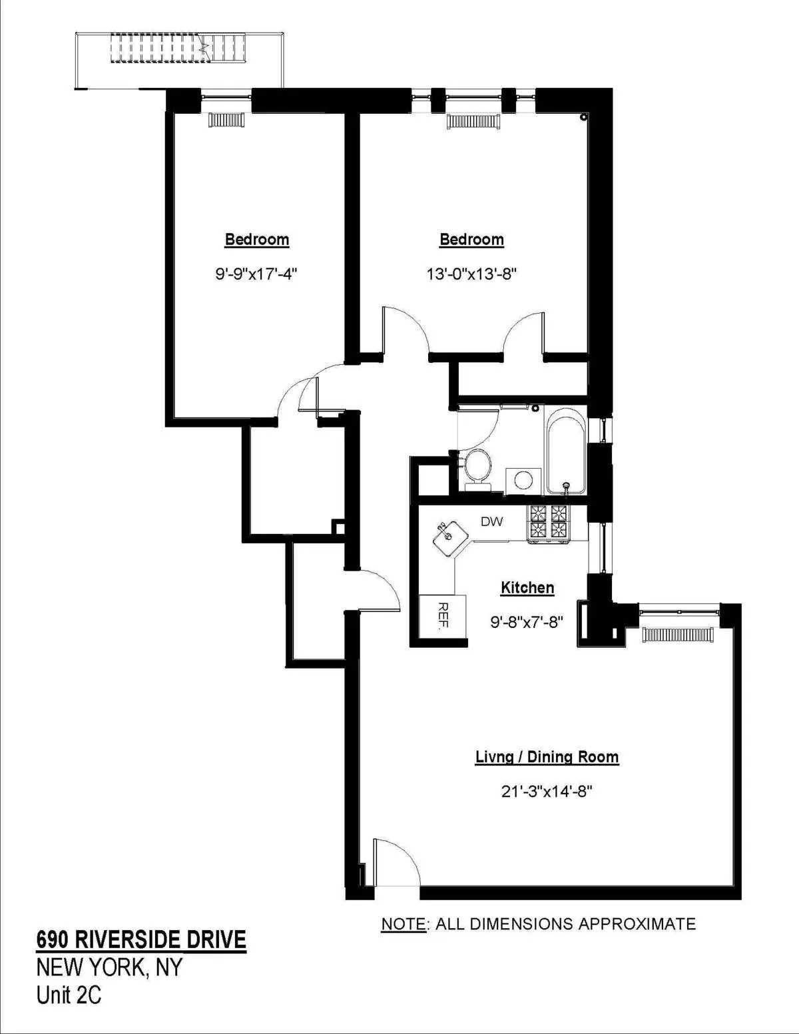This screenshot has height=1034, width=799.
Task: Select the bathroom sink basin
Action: tap(523, 480)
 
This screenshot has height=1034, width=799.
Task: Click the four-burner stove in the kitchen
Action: tap(549, 523)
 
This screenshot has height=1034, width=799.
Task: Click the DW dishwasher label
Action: tap(492, 522)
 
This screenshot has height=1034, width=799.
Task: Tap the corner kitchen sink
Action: tap(447, 537)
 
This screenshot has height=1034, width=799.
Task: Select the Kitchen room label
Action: tap(527, 588)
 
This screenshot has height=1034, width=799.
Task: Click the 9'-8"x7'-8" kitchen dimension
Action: tap(527, 622)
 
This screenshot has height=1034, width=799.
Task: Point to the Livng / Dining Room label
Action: tap(547, 757)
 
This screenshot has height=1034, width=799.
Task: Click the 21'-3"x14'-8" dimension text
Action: tap(547, 791)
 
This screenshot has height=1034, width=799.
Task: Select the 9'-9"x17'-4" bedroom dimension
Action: tap(256, 274)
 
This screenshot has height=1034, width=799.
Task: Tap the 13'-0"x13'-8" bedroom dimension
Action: tap(471, 274)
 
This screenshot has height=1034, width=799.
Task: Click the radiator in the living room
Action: tap(678, 635)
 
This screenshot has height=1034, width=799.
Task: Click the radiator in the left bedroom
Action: tap(226, 120)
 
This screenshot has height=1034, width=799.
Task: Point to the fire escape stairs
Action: tap(178, 49)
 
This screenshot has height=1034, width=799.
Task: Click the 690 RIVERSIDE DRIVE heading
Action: tap(141, 939)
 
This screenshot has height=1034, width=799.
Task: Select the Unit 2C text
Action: tap(69, 995)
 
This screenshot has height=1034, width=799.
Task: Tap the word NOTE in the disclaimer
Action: tap(403, 924)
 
